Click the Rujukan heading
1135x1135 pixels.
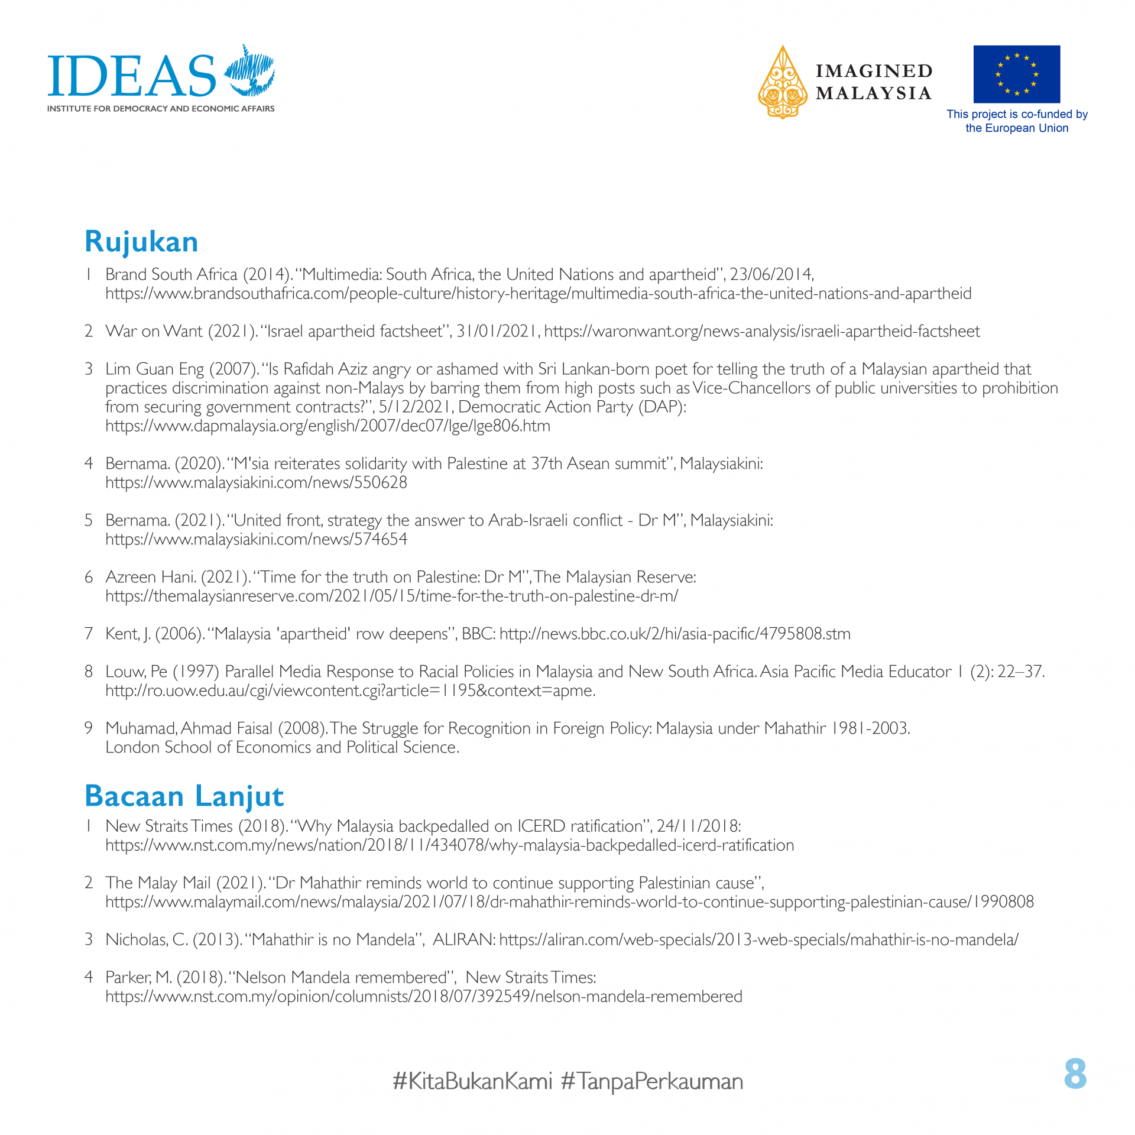click(x=141, y=242)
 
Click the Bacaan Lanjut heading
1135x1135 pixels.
click(x=184, y=796)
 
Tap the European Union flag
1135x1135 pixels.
click(x=1016, y=74)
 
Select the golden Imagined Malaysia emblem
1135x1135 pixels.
click(x=783, y=83)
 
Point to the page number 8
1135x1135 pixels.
click(x=1075, y=1074)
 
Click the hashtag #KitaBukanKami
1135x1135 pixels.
click(x=472, y=1081)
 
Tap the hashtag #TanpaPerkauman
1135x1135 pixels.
click(x=651, y=1081)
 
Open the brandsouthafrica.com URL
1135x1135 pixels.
click(x=538, y=294)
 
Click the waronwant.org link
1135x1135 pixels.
click(x=761, y=332)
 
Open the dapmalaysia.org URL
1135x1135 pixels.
click(x=327, y=426)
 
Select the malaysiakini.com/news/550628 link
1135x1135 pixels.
click(x=256, y=483)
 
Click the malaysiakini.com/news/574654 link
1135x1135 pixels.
click(x=256, y=540)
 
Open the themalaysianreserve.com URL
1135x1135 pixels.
click(x=391, y=596)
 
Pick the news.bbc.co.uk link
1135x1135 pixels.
click(x=674, y=634)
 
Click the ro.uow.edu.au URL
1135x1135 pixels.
click(x=350, y=691)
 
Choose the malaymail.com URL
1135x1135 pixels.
click(x=569, y=902)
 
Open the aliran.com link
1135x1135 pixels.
click(x=758, y=940)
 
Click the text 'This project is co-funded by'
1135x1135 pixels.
click(x=1017, y=114)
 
